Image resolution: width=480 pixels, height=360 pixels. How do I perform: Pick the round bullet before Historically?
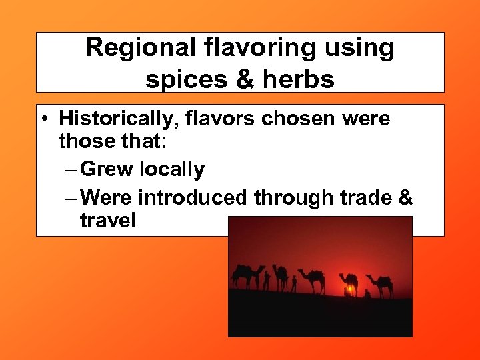point(43,120)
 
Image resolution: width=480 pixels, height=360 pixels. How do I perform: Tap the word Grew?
point(108,169)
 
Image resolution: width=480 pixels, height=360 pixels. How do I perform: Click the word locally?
point(173,170)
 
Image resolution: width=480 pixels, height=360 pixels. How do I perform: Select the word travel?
point(107,220)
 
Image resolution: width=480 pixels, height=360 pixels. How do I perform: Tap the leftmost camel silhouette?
point(247,275)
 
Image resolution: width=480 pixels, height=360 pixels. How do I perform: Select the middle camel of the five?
point(312,279)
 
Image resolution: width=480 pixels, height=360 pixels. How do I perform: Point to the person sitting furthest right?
point(367,293)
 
